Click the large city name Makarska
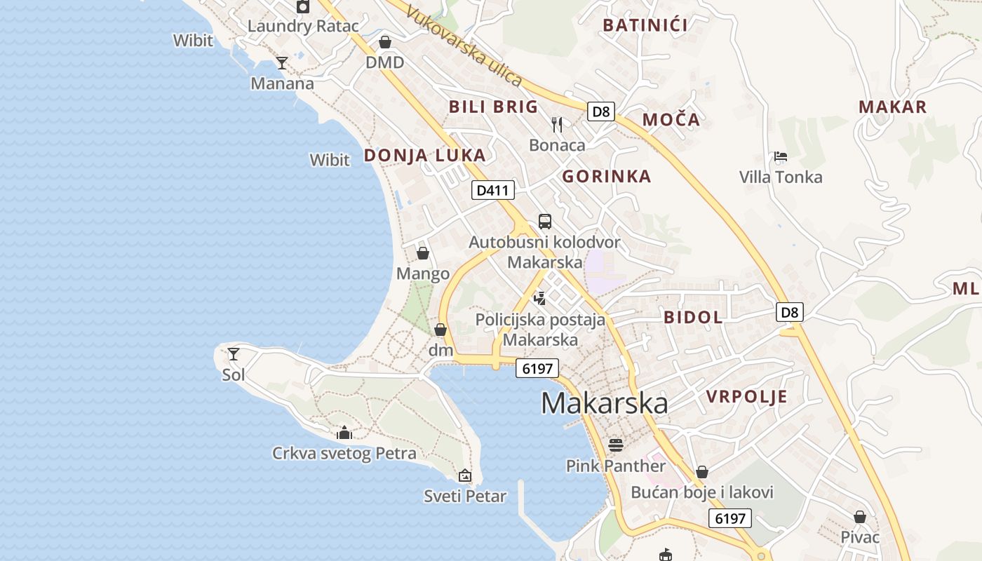coord(604,403)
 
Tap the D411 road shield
coord(493,190)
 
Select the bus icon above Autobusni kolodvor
coord(545,222)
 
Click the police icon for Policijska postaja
coord(539,298)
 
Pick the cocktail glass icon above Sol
coord(234,354)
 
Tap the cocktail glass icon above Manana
coord(282,63)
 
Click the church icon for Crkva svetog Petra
coord(344,433)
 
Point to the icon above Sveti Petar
coord(464,475)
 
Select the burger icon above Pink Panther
coord(616,445)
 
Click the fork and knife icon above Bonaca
coord(557,125)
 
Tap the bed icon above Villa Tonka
coord(781,156)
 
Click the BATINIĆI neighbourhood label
coord(645,25)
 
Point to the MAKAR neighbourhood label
coord(893,107)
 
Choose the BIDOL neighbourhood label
coord(693,317)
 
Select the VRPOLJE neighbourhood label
coord(746,397)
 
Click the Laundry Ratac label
coord(303,27)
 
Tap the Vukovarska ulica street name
coord(464,47)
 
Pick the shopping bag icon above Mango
coord(423,253)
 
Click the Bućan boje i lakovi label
coord(702,492)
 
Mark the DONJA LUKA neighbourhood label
coord(424,156)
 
